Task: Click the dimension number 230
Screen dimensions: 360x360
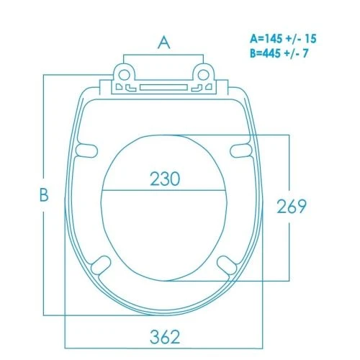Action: pyautogui.click(x=165, y=179)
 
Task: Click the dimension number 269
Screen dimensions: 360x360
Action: pyautogui.click(x=292, y=206)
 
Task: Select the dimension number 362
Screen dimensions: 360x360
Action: pyautogui.click(x=165, y=337)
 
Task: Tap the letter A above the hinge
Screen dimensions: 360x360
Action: pyautogui.click(x=164, y=42)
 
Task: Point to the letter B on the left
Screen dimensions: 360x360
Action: pyautogui.click(x=44, y=194)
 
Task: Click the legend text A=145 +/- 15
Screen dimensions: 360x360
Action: pyautogui.click(x=283, y=39)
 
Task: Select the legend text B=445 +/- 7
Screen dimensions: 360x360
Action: pyautogui.click(x=279, y=53)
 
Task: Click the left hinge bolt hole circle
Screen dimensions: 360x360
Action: pyautogui.click(x=124, y=75)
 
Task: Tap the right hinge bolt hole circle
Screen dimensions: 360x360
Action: pyautogui.click(x=203, y=75)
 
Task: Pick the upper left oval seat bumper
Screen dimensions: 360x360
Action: pyautogui.click(x=86, y=150)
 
